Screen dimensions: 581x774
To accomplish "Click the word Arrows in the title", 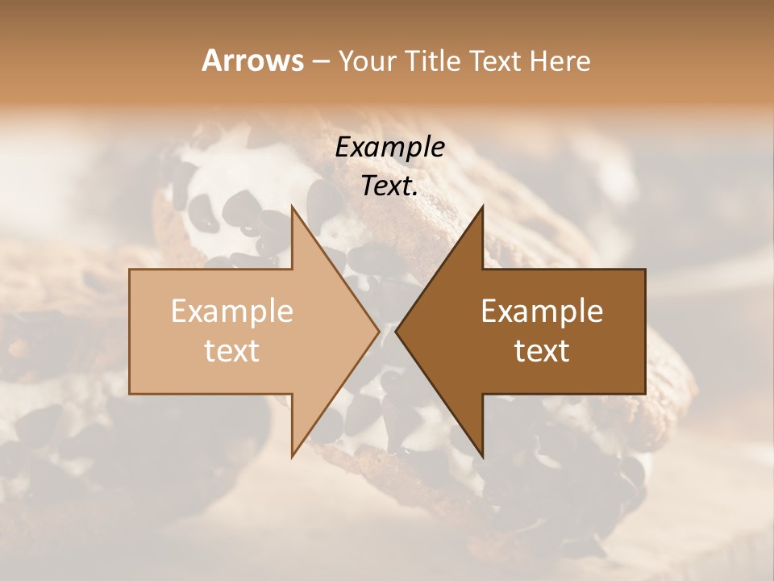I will (x=252, y=61).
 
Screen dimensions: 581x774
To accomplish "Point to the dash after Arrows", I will (x=320, y=62).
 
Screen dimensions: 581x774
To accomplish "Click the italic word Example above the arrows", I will (x=389, y=148).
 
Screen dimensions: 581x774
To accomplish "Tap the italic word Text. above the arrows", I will (x=389, y=186).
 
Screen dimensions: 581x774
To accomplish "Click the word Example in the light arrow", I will (x=231, y=311).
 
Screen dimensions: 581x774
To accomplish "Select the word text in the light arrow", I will (x=231, y=351).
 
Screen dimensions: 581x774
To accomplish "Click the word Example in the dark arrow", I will (x=542, y=311).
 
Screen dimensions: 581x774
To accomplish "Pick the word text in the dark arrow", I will (x=542, y=351).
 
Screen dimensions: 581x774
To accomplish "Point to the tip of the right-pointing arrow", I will (x=379, y=331).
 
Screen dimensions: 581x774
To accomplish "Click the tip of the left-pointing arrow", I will (x=396, y=331).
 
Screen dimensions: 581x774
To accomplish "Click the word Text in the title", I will (x=501, y=61).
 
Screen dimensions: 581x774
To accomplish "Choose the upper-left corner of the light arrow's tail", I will (x=131, y=270).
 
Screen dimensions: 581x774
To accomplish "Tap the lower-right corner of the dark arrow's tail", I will (x=644, y=393).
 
